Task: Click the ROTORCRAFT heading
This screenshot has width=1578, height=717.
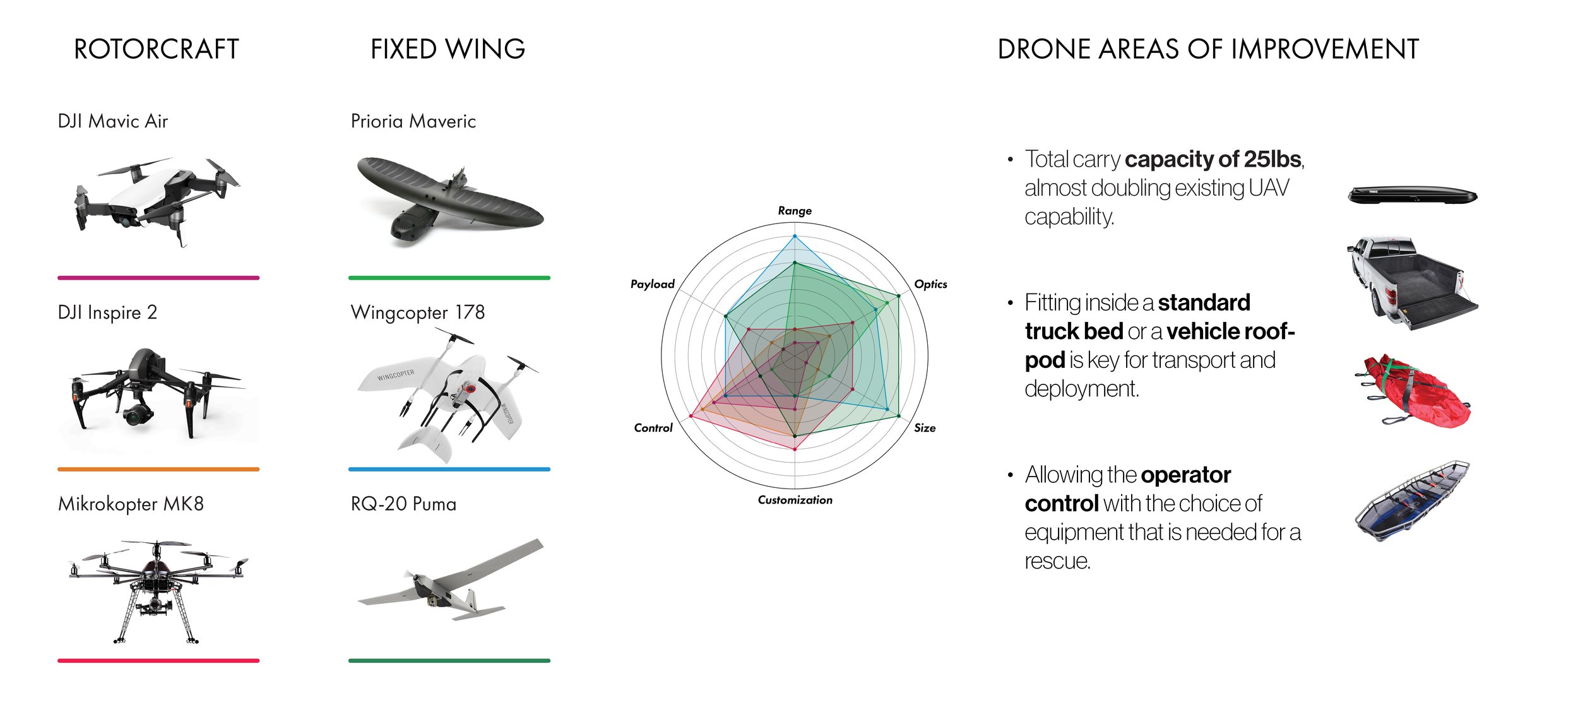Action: [x=157, y=49]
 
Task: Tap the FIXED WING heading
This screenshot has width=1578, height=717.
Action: [x=448, y=49]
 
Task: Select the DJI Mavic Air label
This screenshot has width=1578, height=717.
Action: [x=113, y=121]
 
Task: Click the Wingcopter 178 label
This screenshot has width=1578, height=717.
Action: [x=418, y=312]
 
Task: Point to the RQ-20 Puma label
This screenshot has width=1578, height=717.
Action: [x=403, y=504]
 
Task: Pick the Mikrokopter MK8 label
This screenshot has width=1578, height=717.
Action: [x=131, y=504]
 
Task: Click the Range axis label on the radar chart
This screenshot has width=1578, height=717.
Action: [x=795, y=211]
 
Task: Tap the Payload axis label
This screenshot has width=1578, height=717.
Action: [x=653, y=284]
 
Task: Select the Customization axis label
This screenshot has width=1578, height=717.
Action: [x=795, y=500]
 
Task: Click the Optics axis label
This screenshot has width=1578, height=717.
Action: [x=930, y=284]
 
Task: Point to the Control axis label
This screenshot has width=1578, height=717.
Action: [x=653, y=428]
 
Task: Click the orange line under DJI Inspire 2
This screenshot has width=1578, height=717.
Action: [x=158, y=469]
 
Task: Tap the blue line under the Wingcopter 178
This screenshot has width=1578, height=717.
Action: [x=449, y=469]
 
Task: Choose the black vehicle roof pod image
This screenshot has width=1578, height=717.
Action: [x=1412, y=195]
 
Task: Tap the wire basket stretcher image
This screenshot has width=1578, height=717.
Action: [x=1413, y=502]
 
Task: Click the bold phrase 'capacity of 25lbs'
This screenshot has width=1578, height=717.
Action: [x=1213, y=159]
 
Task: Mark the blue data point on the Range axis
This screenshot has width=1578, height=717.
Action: [x=795, y=237]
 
